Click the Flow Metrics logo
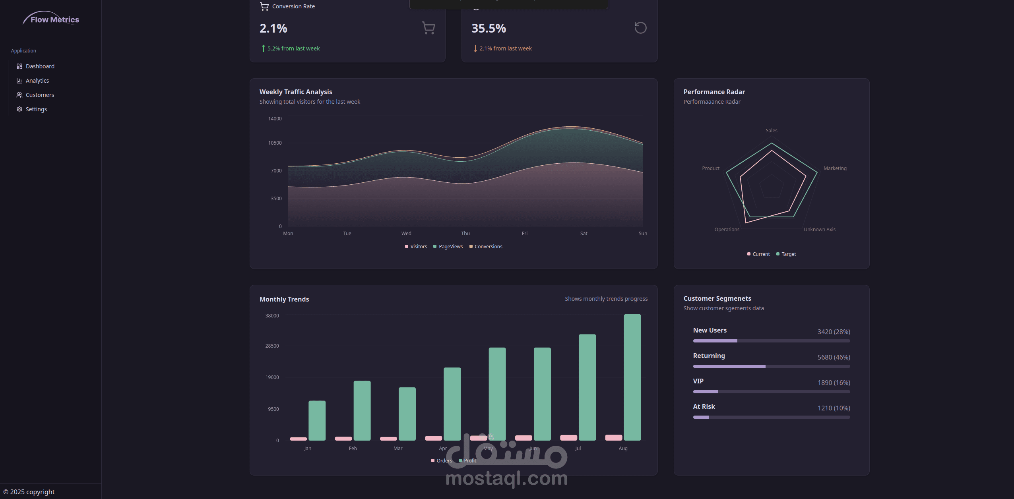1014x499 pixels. tap(51, 19)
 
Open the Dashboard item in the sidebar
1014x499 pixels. tap(40, 66)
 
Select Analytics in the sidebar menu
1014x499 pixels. tap(37, 81)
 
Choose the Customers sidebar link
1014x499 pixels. tap(40, 95)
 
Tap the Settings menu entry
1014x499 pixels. tap(36, 109)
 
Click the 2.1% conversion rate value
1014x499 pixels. tap(273, 28)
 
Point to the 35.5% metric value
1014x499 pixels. tap(489, 28)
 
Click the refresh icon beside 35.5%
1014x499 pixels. tap(640, 28)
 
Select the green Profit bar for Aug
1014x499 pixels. tap(632, 377)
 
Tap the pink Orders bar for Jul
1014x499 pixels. tap(568, 437)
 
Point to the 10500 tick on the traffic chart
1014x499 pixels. tap(275, 143)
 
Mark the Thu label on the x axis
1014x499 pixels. tap(465, 234)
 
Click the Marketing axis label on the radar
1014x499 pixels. tap(835, 168)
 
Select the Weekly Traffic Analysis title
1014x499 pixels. tap(296, 92)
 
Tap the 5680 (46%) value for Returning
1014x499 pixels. tap(834, 357)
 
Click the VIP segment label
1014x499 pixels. tap(698, 381)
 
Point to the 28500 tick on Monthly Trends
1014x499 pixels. tap(272, 346)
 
